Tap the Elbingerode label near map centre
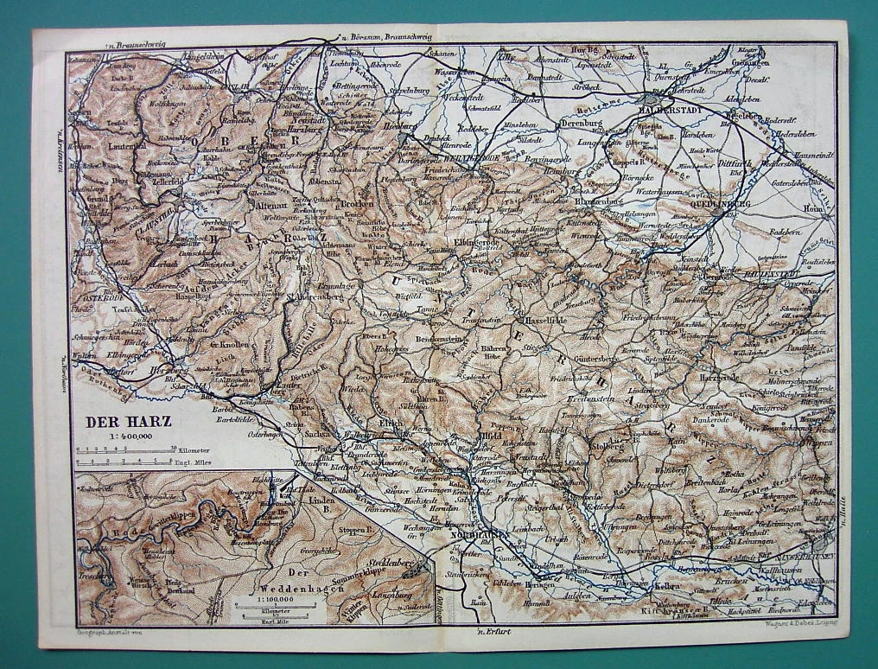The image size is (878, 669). pos(478,244)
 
